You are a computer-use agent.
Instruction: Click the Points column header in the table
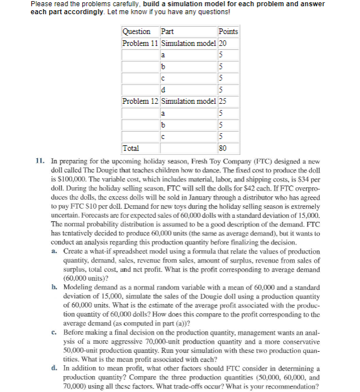[228, 32]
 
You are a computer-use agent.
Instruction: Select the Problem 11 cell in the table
[141, 44]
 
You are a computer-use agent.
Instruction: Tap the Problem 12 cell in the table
[141, 101]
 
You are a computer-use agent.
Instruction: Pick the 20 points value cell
[222, 44]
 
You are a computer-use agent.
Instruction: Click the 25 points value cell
[222, 101]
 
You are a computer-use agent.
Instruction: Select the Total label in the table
[132, 148]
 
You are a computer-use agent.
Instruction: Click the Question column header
[137, 32]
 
